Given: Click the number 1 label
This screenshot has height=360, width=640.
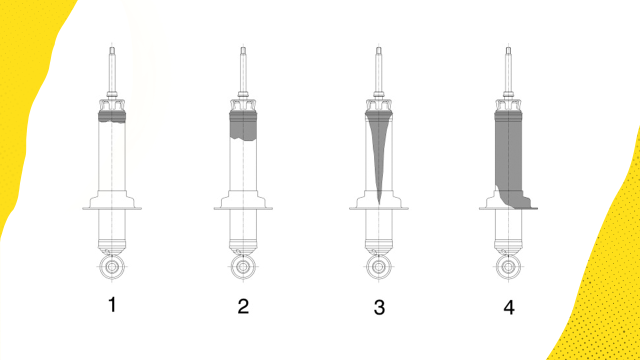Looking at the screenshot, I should [x=112, y=304].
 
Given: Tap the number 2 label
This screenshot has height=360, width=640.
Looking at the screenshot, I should [x=243, y=306].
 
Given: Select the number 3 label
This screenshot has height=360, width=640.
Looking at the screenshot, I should [x=379, y=307].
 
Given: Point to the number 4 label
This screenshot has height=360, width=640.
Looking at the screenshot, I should [x=509, y=307].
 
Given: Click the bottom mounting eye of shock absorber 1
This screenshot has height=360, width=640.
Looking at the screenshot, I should [x=112, y=266].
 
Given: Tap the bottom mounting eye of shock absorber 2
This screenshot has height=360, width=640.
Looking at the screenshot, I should [x=243, y=266].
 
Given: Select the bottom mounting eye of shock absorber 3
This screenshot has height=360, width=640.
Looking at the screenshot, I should [x=378, y=266].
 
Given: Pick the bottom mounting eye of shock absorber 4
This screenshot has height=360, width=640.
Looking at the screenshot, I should [x=508, y=266].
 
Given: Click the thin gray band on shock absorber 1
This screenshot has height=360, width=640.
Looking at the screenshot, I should [x=112, y=118].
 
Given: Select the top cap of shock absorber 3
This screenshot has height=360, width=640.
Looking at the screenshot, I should [x=378, y=105].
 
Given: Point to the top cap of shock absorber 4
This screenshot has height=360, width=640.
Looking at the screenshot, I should [x=508, y=105].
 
